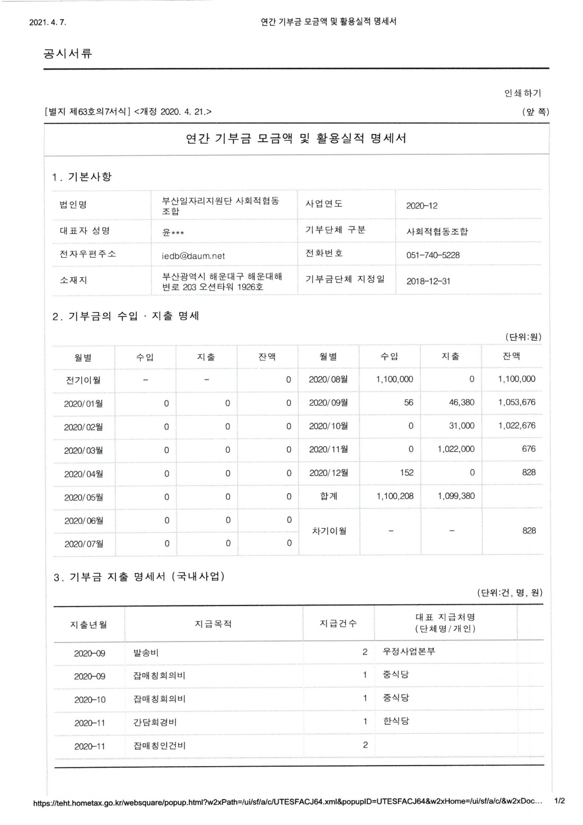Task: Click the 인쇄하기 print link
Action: click(x=523, y=93)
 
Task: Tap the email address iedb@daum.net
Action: click(x=193, y=256)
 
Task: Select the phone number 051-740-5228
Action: click(x=432, y=255)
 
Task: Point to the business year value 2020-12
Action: click(x=422, y=206)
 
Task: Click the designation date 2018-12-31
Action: click(x=428, y=281)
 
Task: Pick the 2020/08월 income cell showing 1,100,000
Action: click(x=394, y=379)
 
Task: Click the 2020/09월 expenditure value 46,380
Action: click(x=461, y=402)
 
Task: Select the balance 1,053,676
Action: click(x=516, y=402)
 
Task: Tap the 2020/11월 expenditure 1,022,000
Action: click(x=456, y=449)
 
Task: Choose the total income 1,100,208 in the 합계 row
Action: click(x=395, y=496)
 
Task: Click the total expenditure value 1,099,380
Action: click(x=456, y=496)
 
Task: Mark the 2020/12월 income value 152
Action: click(x=407, y=472)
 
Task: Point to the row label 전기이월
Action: click(x=83, y=380)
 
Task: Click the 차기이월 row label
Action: click(x=329, y=531)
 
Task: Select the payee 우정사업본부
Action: click(x=409, y=652)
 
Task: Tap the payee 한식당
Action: click(x=396, y=721)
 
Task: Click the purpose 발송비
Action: click(x=146, y=653)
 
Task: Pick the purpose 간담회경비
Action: click(x=155, y=722)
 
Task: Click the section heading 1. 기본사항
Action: click(x=82, y=177)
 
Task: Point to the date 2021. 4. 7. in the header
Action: click(x=48, y=22)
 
